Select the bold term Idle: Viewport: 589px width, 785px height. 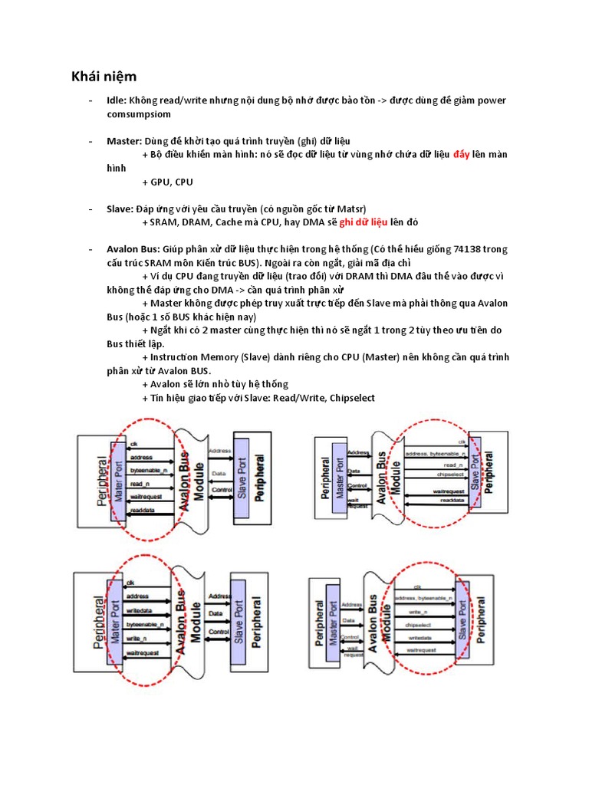(117, 100)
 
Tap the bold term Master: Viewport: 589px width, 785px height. (123, 142)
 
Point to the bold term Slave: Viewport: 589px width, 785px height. (120, 209)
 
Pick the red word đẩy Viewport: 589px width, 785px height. (461, 155)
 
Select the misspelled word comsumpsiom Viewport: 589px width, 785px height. (139, 113)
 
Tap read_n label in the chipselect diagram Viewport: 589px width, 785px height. (433, 465)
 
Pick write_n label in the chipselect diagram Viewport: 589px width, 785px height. (419, 613)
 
